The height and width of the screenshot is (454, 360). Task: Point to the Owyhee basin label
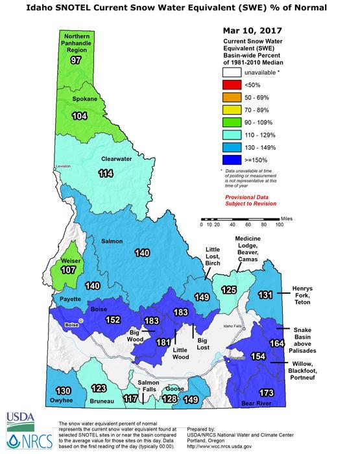(63, 401)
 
